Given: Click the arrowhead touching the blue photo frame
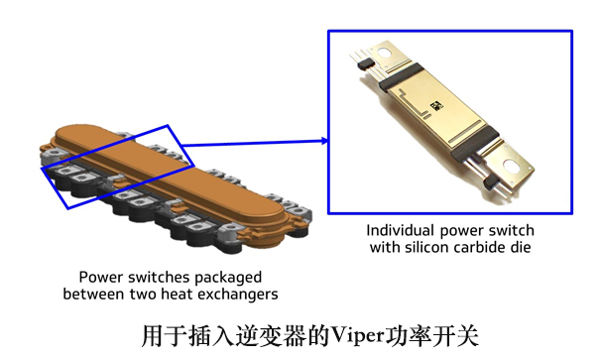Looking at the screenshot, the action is pyautogui.click(x=325, y=141).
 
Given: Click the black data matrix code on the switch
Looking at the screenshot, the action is pyautogui.click(x=436, y=105).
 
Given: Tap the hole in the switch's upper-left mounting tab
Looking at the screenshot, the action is pyautogui.click(x=386, y=53).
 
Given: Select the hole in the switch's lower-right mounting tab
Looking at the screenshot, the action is pyautogui.click(x=511, y=166).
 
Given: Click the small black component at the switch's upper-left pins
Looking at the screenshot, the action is pyautogui.click(x=366, y=63).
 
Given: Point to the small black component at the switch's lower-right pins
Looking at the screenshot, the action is pyautogui.click(x=490, y=182).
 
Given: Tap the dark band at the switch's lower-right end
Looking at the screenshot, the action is pyautogui.click(x=475, y=144).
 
